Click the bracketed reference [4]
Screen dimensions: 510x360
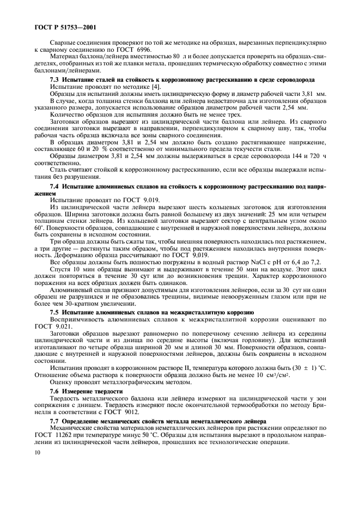pos(148,87)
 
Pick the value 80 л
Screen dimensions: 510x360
pos(176,56)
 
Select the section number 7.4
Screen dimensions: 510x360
pos(56,186)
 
